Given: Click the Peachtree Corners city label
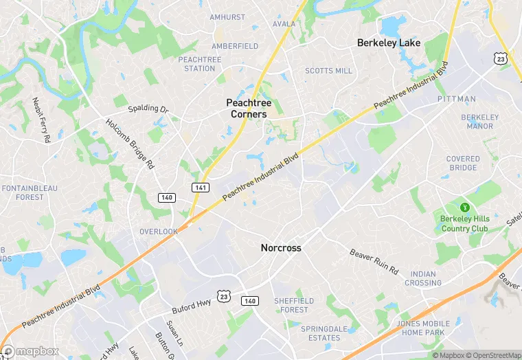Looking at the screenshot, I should [x=247, y=108].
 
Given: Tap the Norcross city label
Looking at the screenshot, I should [x=281, y=247].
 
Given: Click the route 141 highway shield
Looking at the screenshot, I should [x=199, y=187].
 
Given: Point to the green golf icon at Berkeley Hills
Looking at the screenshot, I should [x=464, y=207].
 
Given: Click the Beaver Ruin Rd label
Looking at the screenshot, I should [x=374, y=262].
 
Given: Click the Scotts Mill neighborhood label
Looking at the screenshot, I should [x=328, y=71].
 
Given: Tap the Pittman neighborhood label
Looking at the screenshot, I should [x=456, y=100].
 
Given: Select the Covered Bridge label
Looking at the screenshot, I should [x=463, y=164].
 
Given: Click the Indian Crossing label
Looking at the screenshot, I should [x=423, y=278].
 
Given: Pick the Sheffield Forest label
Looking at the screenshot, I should [x=295, y=305].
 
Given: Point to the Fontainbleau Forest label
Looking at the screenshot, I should [x=23, y=192].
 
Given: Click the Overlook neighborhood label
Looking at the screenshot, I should [x=159, y=232].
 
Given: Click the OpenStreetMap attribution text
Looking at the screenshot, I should [x=490, y=355].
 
